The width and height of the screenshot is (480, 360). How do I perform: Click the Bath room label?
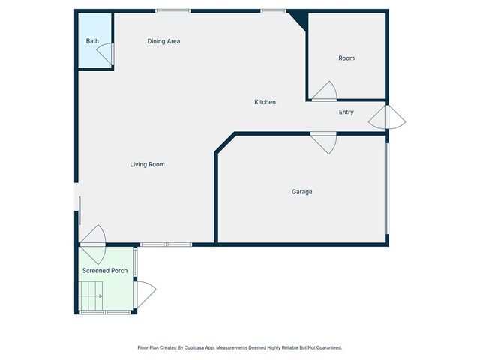[x=92, y=41]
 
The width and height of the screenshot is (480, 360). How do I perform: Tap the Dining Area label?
[x=163, y=41]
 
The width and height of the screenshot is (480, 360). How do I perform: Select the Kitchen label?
[x=265, y=102]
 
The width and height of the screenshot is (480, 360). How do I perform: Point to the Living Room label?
[x=147, y=164]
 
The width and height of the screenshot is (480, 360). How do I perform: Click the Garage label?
[x=302, y=192]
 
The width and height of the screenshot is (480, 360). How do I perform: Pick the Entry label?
[x=346, y=112]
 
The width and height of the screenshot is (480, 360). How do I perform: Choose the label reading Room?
[x=346, y=58]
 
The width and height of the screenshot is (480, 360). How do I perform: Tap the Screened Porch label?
[x=105, y=270]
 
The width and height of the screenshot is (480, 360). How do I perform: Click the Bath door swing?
[x=107, y=53]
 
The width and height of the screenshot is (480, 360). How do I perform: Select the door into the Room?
[x=325, y=92]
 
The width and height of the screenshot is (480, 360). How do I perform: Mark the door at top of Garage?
[x=323, y=141]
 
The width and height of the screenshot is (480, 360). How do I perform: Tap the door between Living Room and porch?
[x=93, y=235]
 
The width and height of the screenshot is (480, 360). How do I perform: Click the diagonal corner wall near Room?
[x=299, y=20]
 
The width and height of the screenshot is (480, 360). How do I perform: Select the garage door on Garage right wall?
[x=386, y=187]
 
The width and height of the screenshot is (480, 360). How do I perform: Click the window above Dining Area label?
[x=172, y=10]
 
